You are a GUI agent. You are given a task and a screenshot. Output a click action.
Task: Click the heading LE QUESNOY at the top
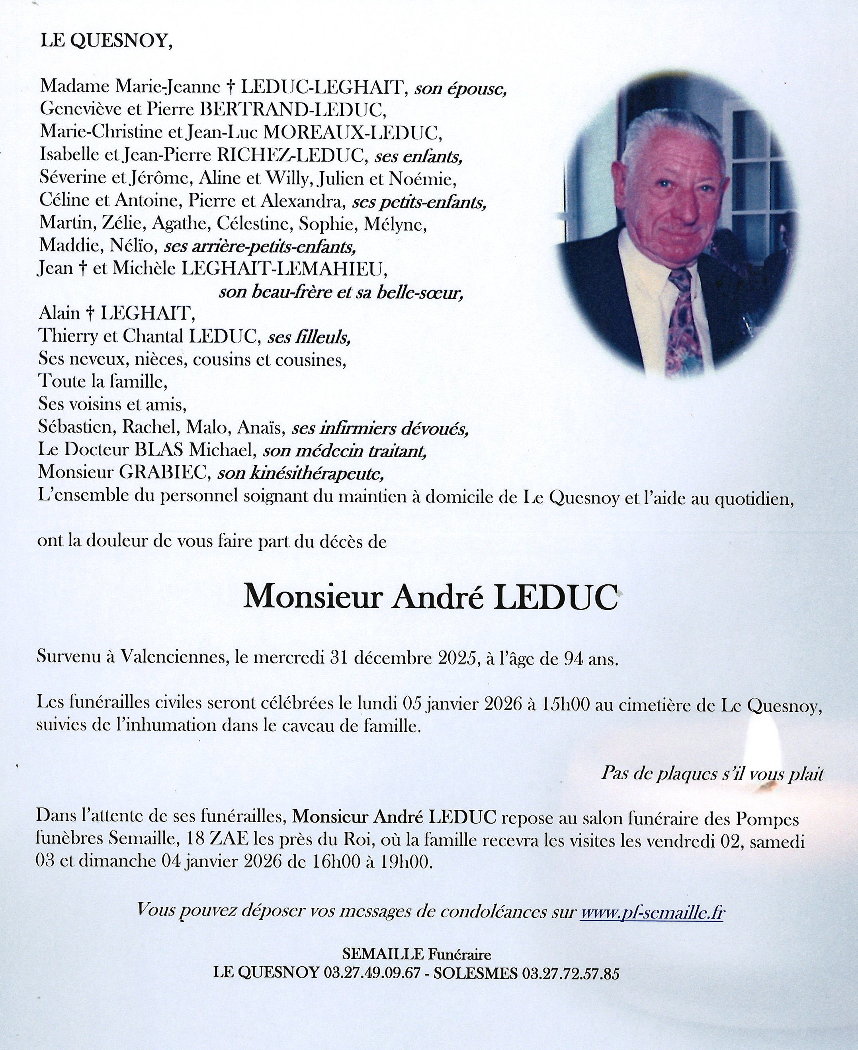106,41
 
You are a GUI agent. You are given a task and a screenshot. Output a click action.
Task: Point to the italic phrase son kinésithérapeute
301,474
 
